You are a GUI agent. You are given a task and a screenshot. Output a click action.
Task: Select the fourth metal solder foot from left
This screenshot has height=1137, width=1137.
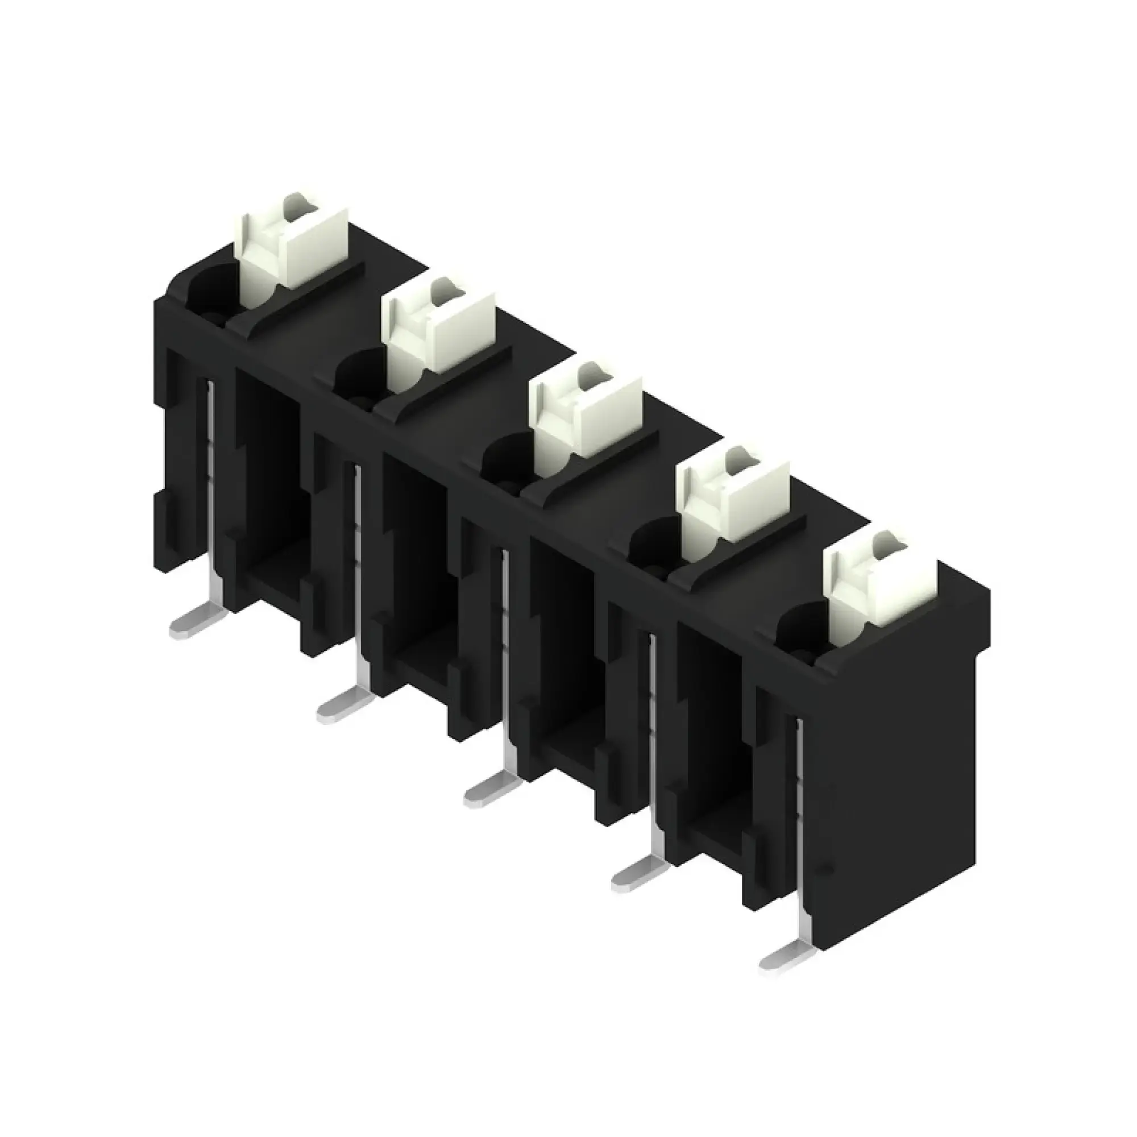coord(633,879)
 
